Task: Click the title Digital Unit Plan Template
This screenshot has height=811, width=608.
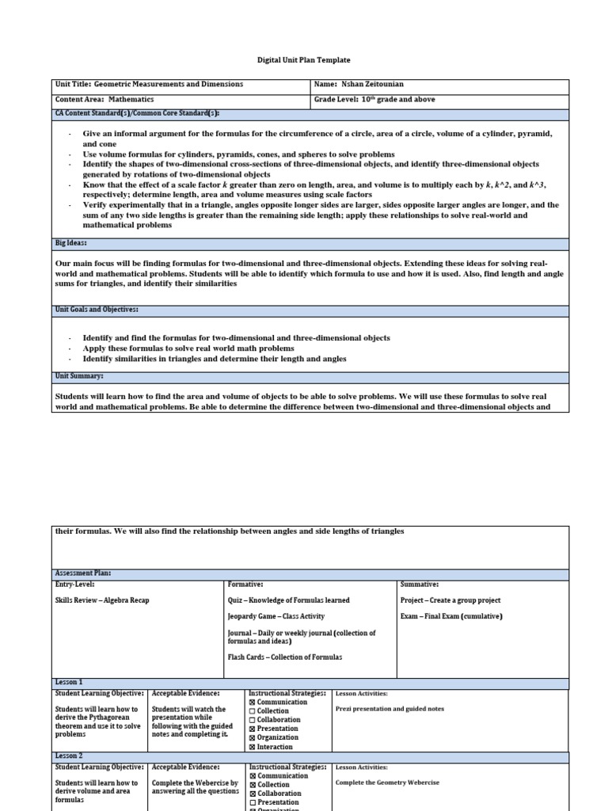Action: coord(304,60)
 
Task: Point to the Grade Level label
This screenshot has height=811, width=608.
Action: coord(336,100)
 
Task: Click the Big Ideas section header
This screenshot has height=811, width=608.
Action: coord(71,243)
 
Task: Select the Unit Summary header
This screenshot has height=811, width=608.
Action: coord(79,376)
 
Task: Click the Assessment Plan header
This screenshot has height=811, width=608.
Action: coord(83,573)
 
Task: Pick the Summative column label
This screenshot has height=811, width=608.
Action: coord(420,584)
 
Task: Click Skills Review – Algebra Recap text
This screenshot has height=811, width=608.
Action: coord(101,600)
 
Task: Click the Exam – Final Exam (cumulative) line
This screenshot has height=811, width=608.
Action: coord(451,616)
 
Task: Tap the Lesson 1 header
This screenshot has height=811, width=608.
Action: coord(69,682)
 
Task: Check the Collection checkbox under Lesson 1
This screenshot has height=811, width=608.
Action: coord(253,711)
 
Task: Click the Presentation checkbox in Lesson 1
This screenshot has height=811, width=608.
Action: coord(253,729)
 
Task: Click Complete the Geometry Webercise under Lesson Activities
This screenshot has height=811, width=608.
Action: coord(387,782)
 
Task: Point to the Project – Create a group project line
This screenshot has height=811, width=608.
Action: coord(450,600)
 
